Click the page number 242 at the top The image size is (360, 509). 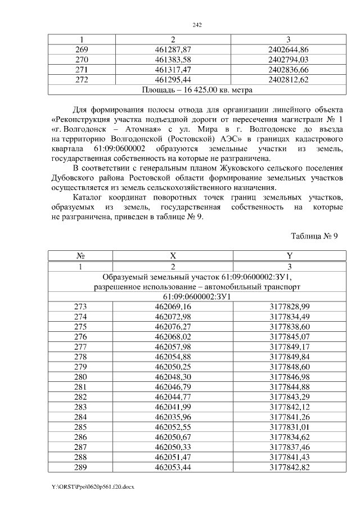click(x=197, y=25)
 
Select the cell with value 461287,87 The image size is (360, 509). click(x=173, y=50)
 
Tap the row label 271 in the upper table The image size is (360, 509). click(x=82, y=69)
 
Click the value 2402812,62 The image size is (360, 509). click(x=289, y=79)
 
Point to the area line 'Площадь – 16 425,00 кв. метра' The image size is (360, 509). click(x=197, y=89)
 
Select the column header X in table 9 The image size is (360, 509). click(x=173, y=256)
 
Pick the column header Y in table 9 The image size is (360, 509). click(x=289, y=256)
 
